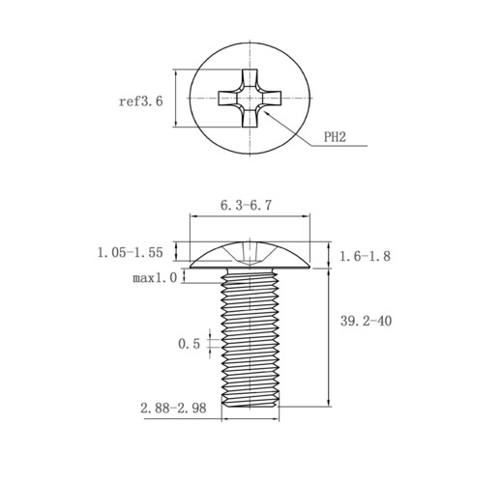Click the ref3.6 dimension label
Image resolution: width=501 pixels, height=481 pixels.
click(141, 101)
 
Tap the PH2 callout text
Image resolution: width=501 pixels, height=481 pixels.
click(335, 137)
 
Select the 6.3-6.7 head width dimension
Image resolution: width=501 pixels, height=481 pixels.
click(246, 205)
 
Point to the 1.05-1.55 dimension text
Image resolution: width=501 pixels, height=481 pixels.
click(131, 252)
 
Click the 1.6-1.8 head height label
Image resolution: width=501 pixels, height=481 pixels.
click(365, 256)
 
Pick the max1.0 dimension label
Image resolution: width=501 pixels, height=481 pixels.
click(155, 277)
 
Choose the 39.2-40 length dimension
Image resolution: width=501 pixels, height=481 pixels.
click(366, 321)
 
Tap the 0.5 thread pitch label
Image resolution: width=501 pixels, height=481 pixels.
click(189, 344)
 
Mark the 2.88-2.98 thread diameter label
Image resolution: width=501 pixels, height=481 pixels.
click(173, 409)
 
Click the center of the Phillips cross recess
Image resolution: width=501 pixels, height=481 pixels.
click(250, 99)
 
